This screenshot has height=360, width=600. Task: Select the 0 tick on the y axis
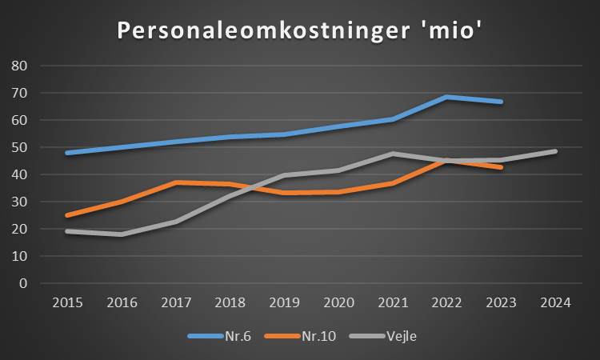[x=23, y=283]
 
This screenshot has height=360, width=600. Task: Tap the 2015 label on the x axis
[x=66, y=302]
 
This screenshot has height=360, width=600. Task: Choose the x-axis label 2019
[x=283, y=302]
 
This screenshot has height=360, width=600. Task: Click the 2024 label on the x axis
[x=555, y=302]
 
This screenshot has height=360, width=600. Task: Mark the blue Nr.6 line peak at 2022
[x=446, y=97]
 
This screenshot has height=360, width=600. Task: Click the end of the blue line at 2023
[x=501, y=102]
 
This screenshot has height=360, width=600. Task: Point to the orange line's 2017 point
[x=175, y=182]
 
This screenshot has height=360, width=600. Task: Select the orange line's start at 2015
[x=66, y=215]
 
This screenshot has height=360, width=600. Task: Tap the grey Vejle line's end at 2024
[x=555, y=151]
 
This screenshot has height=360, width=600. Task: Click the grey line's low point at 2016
[x=121, y=234]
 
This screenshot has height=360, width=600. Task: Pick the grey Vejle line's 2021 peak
[x=392, y=153]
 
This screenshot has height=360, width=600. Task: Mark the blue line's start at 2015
[x=66, y=153]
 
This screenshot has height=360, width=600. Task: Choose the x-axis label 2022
[x=446, y=302]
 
